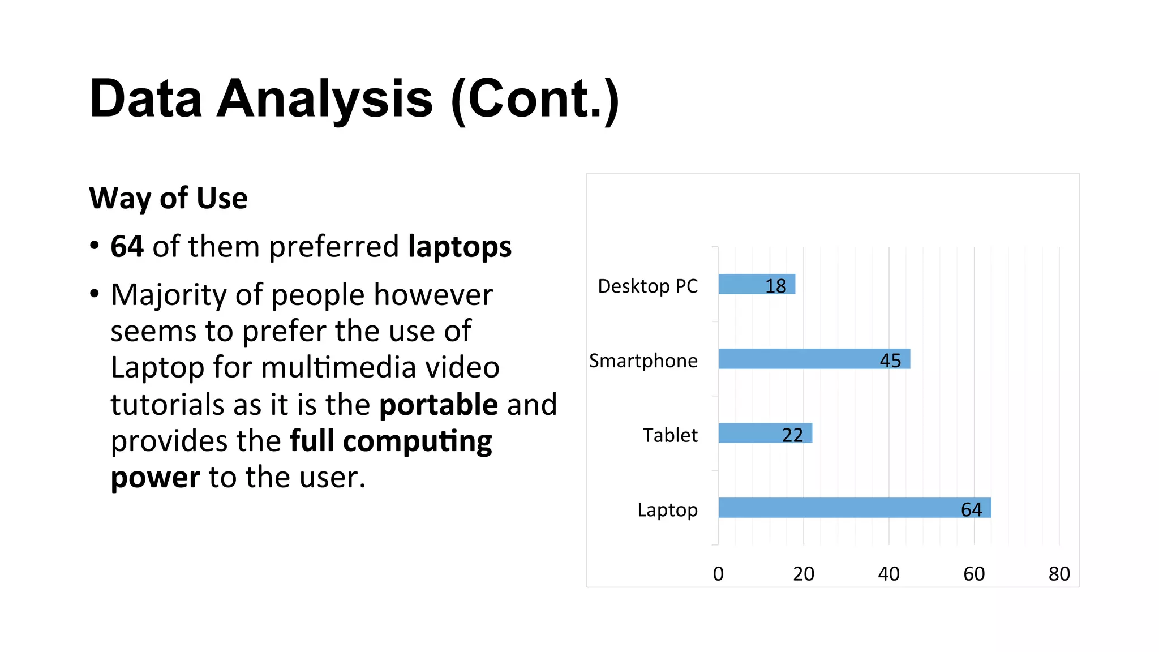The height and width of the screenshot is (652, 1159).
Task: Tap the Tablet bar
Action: point(753,433)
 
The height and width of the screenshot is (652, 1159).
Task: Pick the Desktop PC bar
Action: point(741,284)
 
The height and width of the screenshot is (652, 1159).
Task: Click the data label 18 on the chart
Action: point(776,286)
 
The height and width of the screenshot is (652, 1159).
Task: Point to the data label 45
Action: point(890,361)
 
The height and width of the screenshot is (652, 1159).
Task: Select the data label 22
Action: point(792,435)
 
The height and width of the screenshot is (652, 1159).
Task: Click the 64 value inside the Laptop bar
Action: point(972,510)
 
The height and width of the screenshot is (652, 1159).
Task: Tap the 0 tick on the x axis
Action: point(718,574)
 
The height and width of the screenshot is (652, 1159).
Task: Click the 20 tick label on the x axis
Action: point(804,574)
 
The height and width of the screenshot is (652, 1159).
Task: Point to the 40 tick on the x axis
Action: point(888,574)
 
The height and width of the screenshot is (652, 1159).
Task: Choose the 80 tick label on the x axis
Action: point(1059,574)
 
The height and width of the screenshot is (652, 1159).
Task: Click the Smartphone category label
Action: point(643,361)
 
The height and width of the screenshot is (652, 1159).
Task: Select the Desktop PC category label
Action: point(648,286)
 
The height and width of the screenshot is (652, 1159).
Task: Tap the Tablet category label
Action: point(670,435)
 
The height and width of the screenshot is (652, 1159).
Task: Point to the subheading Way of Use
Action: point(168,198)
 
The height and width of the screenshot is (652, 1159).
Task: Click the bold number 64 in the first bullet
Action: point(127,247)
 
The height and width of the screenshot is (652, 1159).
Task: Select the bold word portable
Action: point(439,404)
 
